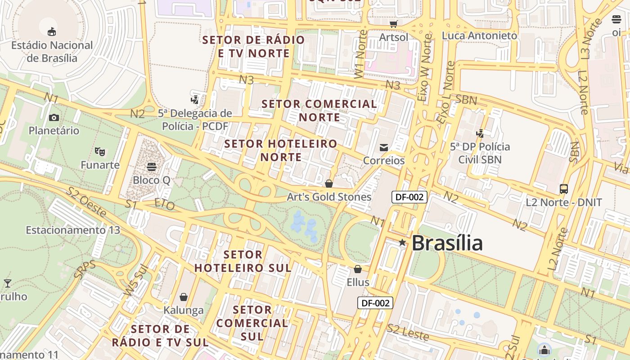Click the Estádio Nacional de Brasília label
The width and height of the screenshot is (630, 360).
coord(52,52)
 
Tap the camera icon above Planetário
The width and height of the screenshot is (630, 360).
coord(54,118)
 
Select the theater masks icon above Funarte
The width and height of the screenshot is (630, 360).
coord(100,152)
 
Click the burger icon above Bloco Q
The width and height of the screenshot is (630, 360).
coord(152,166)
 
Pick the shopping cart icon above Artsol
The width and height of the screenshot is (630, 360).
coord(394,24)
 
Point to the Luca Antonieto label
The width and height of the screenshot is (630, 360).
coord(479,36)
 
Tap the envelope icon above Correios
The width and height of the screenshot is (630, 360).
coord(384,148)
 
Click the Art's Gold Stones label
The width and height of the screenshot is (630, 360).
coord(329,197)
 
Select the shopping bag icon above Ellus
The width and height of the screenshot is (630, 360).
coord(358,269)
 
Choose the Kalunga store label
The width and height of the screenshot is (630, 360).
coord(184,310)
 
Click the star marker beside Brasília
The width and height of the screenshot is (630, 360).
coord(402,243)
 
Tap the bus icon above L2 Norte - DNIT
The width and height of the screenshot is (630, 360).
coord(564,189)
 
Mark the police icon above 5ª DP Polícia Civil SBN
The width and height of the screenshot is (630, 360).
coord(480,133)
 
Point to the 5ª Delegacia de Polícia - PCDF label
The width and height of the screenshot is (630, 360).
coord(195,120)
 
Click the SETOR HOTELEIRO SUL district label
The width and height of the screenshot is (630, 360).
coord(243,261)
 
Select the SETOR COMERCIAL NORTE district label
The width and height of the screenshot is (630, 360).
coord(319,111)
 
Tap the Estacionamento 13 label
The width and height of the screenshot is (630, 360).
coord(73,230)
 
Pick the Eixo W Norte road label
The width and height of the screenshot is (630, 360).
coord(425,67)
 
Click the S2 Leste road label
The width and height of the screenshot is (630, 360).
coord(408,333)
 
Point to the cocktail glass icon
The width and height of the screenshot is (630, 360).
coord(8,283)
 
